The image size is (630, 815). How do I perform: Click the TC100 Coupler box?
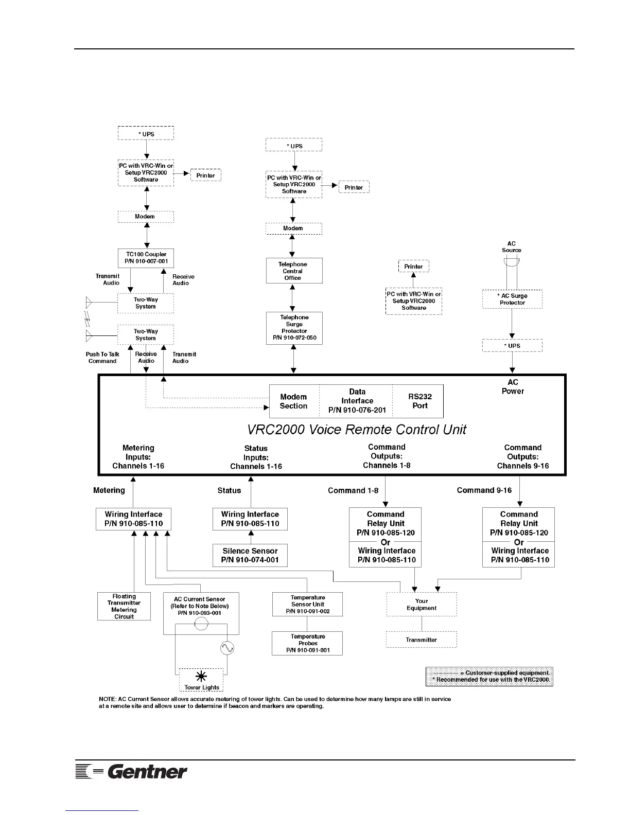click(146, 258)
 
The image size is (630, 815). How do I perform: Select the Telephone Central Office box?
click(294, 271)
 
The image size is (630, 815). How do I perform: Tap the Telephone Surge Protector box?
click(294, 328)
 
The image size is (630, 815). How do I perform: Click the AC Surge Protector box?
click(512, 299)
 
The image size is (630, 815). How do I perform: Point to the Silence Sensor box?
click(250, 555)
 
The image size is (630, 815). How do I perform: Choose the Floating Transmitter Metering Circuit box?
click(124, 606)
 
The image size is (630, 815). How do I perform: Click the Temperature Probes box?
click(307, 643)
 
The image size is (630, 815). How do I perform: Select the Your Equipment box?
click(422, 604)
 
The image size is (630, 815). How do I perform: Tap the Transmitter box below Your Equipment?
click(422, 640)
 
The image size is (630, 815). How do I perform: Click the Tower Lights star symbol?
click(201, 677)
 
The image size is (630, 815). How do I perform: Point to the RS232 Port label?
click(420, 401)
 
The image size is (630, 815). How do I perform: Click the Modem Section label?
click(293, 401)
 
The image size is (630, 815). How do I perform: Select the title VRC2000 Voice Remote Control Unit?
click(357, 430)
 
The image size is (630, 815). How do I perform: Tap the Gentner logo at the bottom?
click(132, 771)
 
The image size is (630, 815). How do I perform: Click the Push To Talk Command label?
click(102, 358)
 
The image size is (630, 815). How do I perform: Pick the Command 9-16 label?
click(484, 490)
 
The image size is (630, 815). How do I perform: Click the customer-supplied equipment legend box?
click(489, 676)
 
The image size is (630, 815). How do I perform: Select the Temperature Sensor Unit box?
click(307, 604)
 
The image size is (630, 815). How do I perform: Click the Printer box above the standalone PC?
click(413, 267)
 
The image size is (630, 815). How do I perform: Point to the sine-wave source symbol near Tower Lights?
click(227, 648)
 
